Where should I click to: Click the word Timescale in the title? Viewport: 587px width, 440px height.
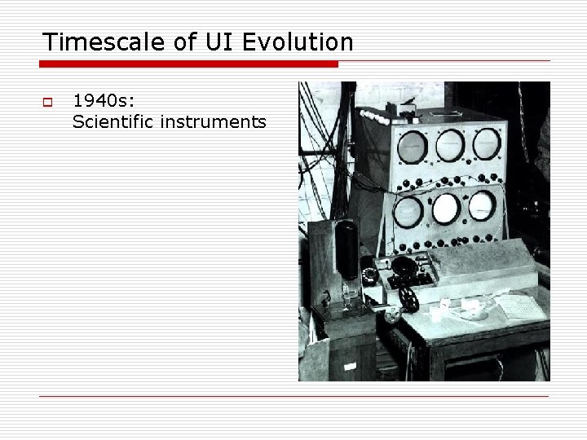click(x=94, y=42)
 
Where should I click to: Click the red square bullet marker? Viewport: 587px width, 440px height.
click(x=47, y=103)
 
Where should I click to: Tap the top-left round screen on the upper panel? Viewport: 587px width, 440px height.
click(x=413, y=147)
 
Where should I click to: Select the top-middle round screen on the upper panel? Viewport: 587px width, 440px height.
click(x=449, y=145)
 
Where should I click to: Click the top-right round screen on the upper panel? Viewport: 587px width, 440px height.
click(x=487, y=143)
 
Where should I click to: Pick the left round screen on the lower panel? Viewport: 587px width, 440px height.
click(x=408, y=212)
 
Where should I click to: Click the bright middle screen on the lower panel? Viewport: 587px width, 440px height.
click(x=445, y=209)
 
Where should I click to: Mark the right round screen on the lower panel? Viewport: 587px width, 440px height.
click(x=482, y=206)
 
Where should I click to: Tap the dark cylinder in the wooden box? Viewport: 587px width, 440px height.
click(x=346, y=249)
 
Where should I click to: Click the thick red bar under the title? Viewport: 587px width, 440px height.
click(x=188, y=64)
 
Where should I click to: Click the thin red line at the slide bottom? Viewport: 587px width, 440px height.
click(x=293, y=397)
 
